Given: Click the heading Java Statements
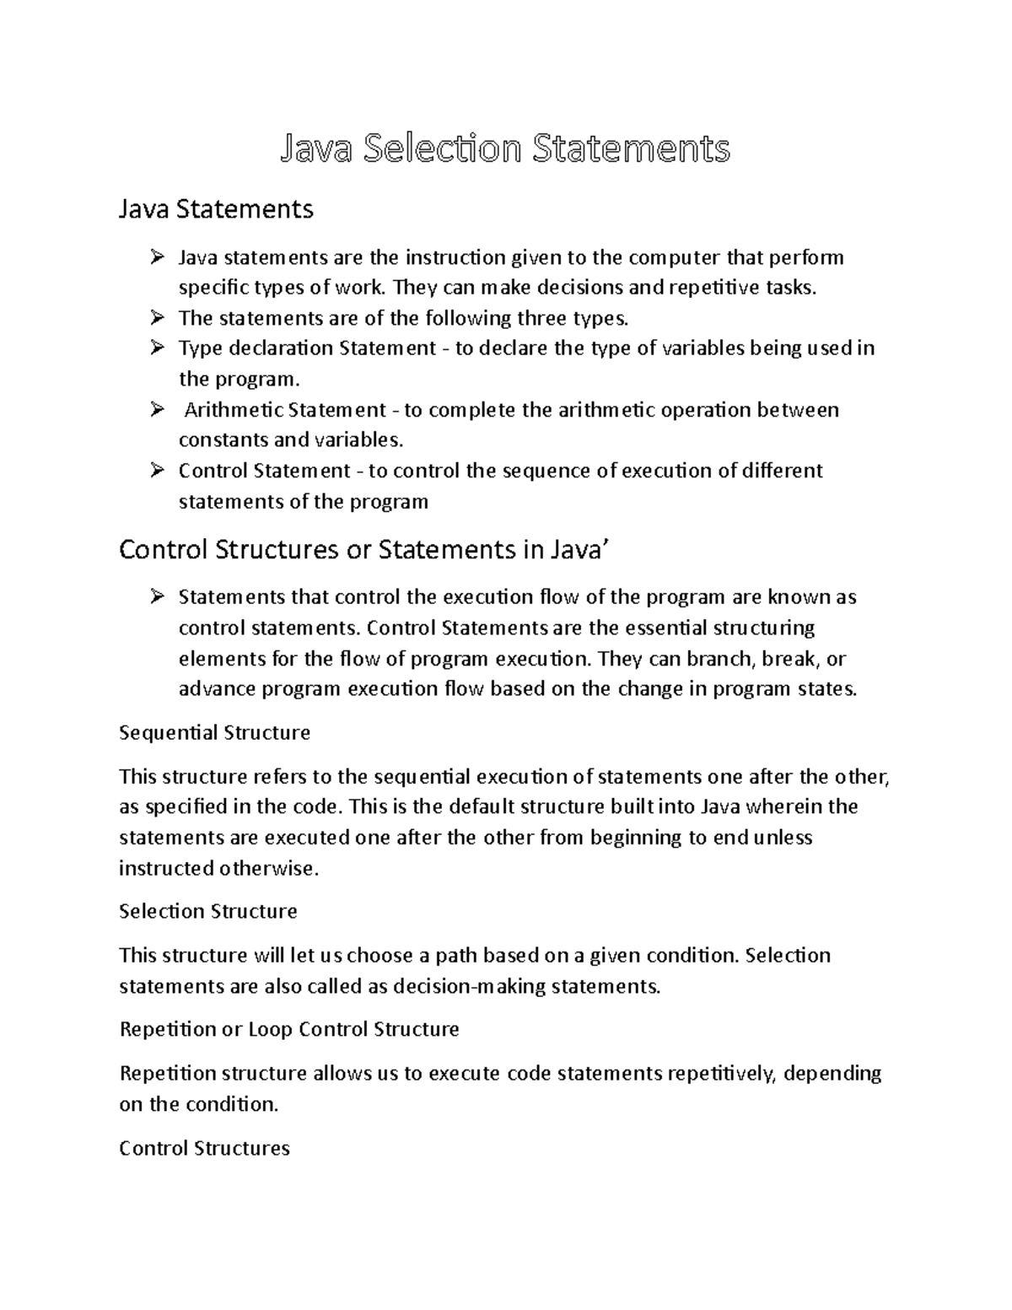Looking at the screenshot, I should pos(216,208).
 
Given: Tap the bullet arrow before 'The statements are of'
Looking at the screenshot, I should pos(157,318).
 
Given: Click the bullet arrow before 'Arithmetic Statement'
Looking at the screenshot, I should pos(157,410).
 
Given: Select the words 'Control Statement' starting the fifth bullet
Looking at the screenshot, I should pos(264,471).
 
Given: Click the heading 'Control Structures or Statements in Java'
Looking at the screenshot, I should pos(363,550).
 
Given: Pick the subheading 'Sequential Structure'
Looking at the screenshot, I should pos(215,732).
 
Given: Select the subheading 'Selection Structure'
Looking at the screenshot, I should pos(208,912).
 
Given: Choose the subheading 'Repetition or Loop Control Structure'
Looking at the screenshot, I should pos(289,1030).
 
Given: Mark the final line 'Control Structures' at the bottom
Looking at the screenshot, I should pos(205,1148).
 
